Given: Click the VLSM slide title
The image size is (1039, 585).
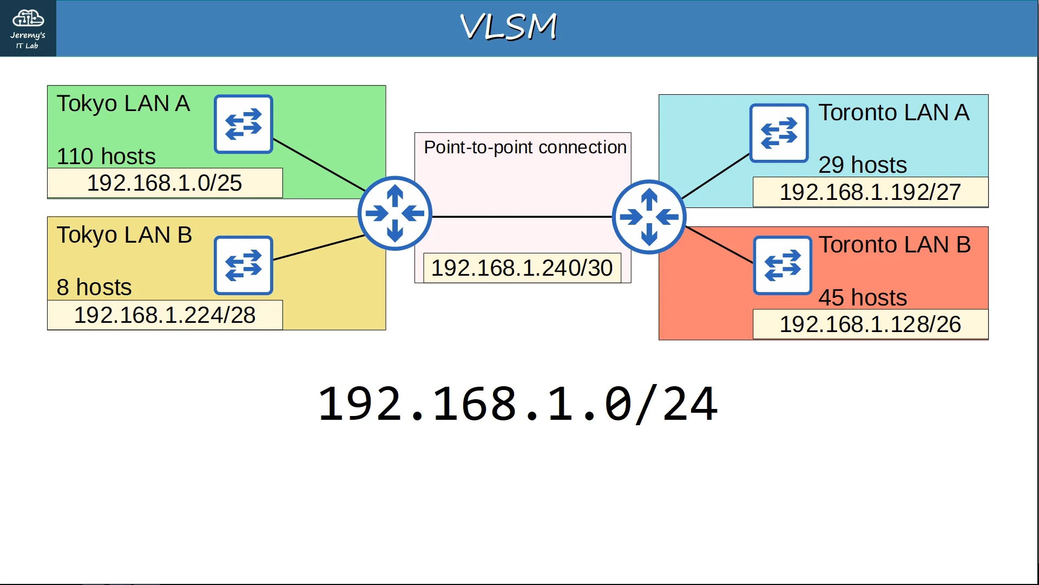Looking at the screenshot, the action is click(x=508, y=27).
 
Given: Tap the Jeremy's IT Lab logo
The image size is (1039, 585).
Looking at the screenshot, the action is click(x=28, y=28).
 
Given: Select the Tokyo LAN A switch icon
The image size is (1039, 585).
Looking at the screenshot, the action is click(x=244, y=124).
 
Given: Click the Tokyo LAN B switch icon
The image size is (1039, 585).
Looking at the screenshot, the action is click(x=244, y=265).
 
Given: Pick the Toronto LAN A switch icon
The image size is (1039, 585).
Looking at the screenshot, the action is click(x=779, y=133).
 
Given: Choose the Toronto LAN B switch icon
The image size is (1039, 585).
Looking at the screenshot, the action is click(x=782, y=265).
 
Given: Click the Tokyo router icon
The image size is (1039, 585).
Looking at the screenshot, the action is click(x=395, y=213).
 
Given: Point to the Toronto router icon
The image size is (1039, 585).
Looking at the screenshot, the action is click(x=649, y=217).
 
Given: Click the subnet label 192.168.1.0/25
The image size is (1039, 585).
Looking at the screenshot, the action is click(x=165, y=183).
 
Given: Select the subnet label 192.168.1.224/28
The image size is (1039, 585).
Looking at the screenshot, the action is click(x=165, y=315).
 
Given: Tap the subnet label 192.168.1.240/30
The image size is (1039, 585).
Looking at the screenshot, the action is click(x=522, y=268).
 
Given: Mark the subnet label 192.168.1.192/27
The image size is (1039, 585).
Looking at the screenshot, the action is click(x=870, y=192).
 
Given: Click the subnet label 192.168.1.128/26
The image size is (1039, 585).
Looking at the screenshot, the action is click(x=870, y=324).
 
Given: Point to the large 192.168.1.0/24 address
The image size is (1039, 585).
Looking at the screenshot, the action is click(x=517, y=404).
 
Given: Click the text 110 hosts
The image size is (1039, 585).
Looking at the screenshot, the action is click(x=106, y=157).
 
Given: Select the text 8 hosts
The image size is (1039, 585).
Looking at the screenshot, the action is click(x=94, y=287).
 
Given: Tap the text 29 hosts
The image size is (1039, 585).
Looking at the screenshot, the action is click(x=863, y=165).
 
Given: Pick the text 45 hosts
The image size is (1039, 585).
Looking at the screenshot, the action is click(x=863, y=297).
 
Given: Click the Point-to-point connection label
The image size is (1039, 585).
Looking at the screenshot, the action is click(x=525, y=147).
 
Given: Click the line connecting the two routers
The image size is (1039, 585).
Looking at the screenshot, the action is click(x=522, y=217).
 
